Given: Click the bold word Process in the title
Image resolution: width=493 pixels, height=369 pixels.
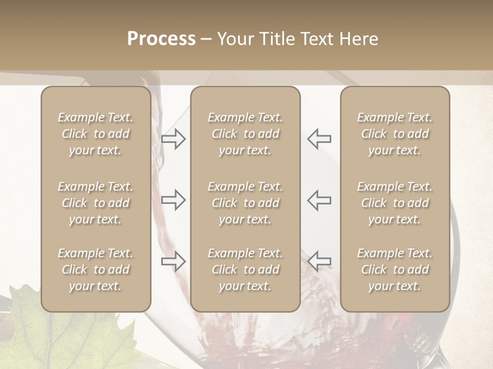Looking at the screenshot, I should (161, 39).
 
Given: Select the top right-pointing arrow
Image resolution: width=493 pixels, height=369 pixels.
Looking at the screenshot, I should (174, 139).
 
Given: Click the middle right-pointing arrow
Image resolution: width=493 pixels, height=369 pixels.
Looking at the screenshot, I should (174, 200).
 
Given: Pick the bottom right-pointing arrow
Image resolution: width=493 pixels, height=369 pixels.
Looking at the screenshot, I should (174, 261).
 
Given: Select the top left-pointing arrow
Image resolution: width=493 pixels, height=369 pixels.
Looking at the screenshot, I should (319, 139).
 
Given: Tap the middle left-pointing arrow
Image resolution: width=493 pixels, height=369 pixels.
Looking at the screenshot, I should (319, 200).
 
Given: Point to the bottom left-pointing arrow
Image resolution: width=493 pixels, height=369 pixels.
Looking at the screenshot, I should (319, 261).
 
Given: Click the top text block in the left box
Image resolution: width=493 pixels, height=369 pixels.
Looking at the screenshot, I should (96, 134).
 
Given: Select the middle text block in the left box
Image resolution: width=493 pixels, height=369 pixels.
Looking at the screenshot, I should (96, 203).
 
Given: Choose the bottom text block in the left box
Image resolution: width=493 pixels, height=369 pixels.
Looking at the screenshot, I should (96, 270).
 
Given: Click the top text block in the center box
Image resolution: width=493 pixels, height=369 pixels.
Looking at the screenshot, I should (245, 134).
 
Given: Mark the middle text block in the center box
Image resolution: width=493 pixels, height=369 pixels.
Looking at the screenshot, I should (245, 203).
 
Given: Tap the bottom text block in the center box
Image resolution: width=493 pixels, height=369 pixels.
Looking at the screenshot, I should (245, 270).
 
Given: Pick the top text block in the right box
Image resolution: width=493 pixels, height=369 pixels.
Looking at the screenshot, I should (395, 134).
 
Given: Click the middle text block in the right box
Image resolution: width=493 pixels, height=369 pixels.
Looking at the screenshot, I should (395, 203).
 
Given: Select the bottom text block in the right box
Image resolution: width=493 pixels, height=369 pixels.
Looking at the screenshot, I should (395, 270).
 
